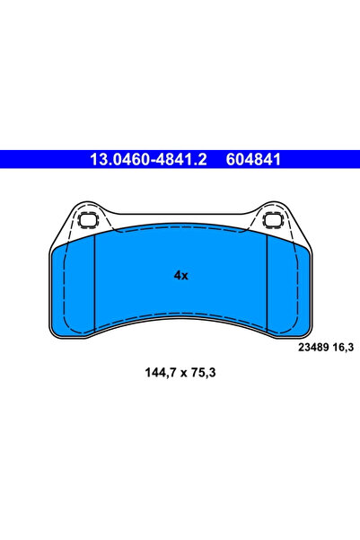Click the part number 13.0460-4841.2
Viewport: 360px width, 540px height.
click(x=148, y=160)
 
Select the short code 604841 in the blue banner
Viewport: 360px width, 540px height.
click(x=253, y=160)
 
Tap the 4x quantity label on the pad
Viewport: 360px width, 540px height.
click(x=180, y=276)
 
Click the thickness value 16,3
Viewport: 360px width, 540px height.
click(x=343, y=348)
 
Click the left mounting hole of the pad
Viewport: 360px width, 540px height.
click(x=88, y=220)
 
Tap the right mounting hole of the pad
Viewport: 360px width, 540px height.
click(x=273, y=220)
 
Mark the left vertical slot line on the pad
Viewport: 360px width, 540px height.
click(x=94, y=285)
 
